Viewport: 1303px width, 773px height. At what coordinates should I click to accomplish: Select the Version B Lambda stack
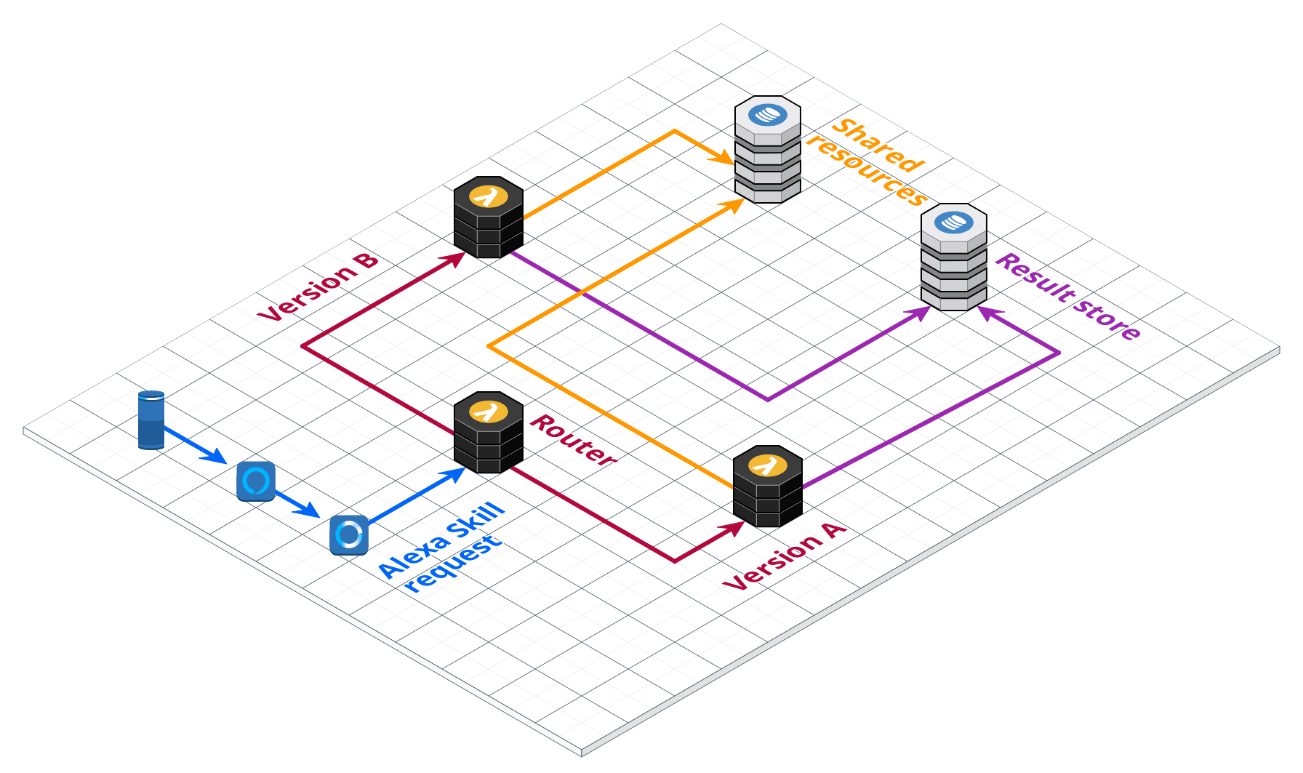click(489, 218)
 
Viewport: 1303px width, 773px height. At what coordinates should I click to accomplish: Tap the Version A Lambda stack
click(768, 488)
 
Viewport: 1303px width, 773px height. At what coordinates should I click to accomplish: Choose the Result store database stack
click(953, 258)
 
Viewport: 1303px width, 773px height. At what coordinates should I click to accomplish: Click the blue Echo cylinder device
click(151, 420)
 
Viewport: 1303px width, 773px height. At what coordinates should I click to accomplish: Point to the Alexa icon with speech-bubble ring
click(256, 481)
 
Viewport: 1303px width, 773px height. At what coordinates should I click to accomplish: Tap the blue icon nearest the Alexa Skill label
click(349, 535)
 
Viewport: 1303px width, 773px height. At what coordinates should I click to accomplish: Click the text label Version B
click(318, 288)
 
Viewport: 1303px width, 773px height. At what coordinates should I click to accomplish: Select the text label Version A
click(785, 556)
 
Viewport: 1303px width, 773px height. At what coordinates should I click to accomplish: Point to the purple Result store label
click(1067, 297)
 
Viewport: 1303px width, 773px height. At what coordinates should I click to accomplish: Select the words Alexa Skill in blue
click(441, 540)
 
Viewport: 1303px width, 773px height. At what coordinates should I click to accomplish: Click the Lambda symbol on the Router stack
click(489, 411)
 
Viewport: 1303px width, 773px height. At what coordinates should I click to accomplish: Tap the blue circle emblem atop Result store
click(953, 222)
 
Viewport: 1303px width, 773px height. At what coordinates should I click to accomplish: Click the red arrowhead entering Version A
click(735, 528)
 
